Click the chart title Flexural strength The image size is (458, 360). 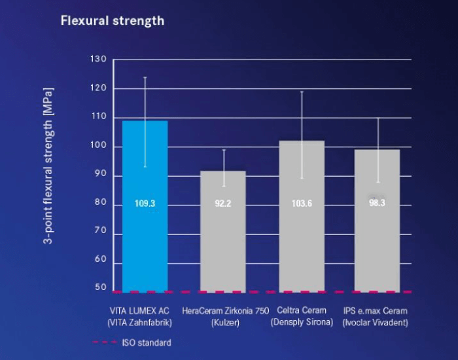(x=113, y=22)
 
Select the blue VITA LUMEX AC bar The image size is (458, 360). (x=145, y=207)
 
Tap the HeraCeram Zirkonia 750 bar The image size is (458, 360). (x=223, y=232)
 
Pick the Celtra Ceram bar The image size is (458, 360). (x=302, y=217)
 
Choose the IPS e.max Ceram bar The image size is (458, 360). (x=377, y=221)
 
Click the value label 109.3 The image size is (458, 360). (x=145, y=204)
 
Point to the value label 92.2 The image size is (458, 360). (x=223, y=204)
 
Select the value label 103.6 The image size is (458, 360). (x=302, y=204)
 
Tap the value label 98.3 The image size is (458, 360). (x=377, y=203)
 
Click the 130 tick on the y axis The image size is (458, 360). (x=98, y=59)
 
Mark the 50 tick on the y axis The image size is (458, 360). (x=101, y=287)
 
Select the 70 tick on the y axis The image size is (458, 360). (x=101, y=230)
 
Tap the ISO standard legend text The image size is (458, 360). (x=147, y=342)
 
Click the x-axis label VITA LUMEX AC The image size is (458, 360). (x=139, y=311)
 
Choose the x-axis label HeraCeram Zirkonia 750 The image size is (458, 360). (x=226, y=311)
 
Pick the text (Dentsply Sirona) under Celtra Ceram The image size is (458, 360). (x=302, y=322)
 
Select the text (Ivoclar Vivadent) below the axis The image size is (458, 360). (x=376, y=323)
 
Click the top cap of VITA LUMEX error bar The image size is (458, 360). (x=145, y=77)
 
